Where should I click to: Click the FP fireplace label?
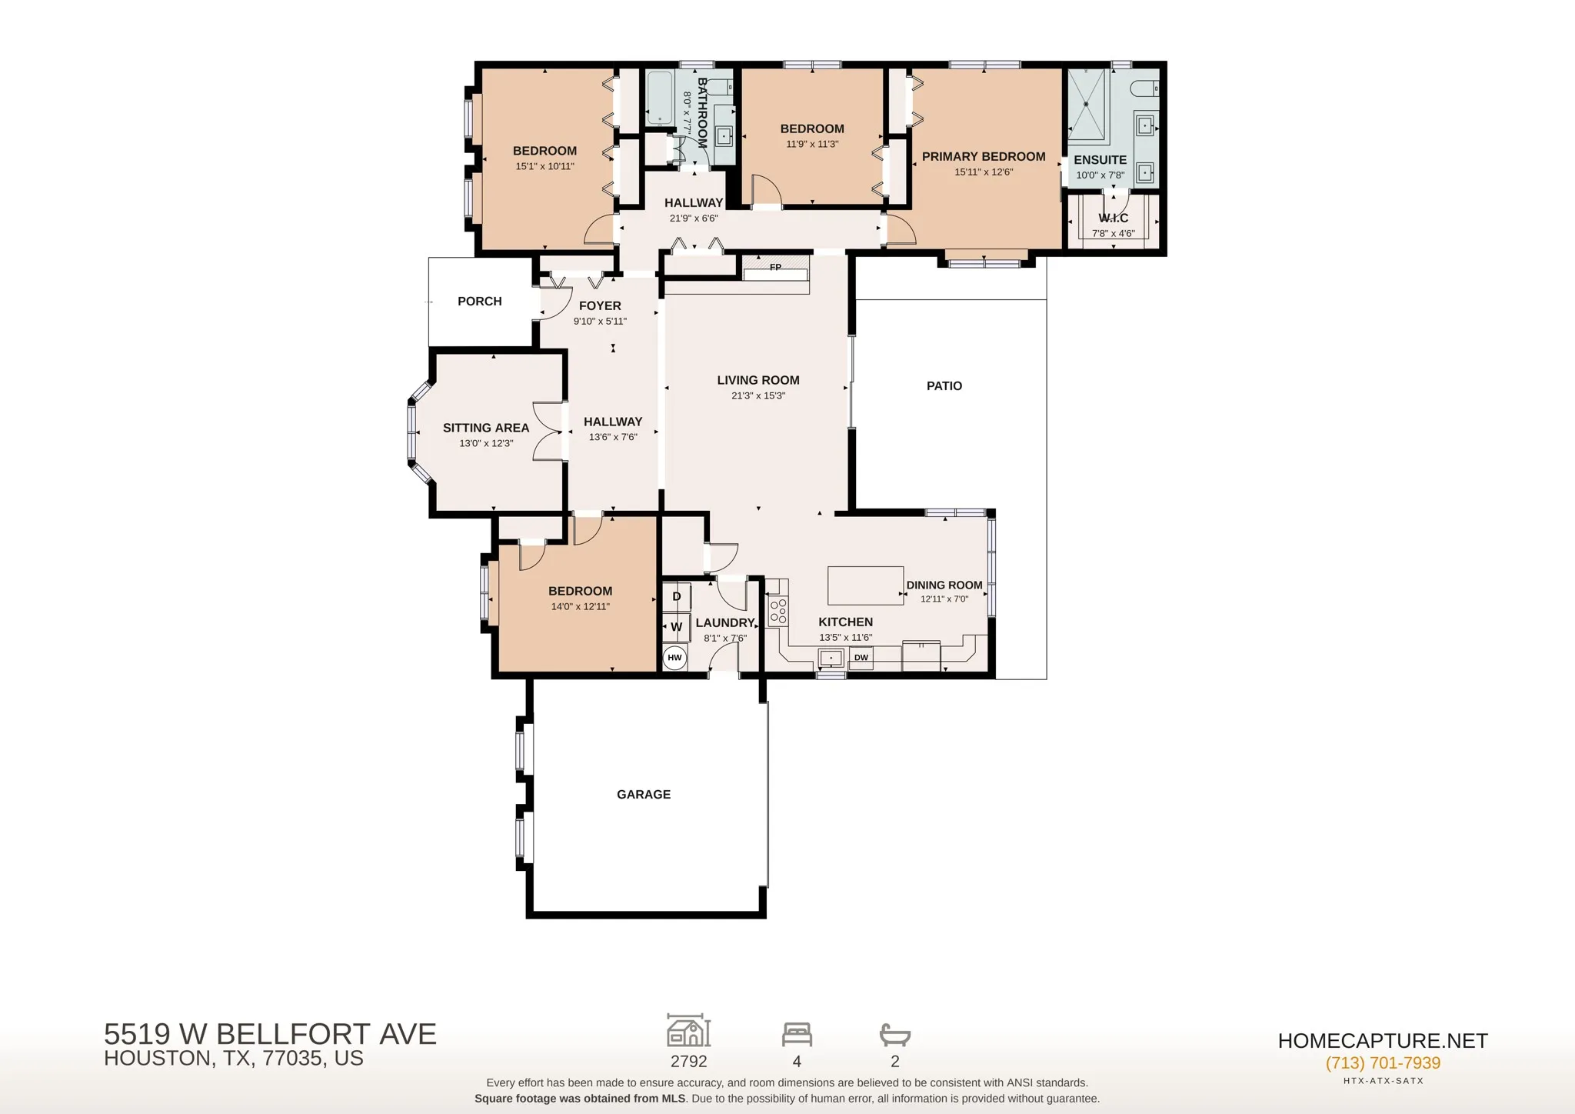point(775,267)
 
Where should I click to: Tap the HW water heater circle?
point(674,658)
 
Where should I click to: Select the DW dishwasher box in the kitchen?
point(861,658)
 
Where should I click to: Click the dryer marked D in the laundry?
point(677,597)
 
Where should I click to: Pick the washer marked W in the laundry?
point(677,627)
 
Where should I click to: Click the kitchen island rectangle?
point(865,585)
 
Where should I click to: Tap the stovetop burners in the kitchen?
point(778,611)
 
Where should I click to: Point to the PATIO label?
point(944,386)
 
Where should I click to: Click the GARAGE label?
point(644,795)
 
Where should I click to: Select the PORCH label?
point(480,302)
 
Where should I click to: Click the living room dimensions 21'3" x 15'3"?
point(758,396)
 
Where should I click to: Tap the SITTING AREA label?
point(486,428)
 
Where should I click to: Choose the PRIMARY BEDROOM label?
point(984,157)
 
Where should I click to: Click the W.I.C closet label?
point(1114,218)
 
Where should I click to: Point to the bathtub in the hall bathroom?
point(660,98)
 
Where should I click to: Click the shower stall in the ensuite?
point(1087,105)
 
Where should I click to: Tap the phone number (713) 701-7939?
point(1383,1063)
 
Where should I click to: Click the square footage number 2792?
point(688,1062)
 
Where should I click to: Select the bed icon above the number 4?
point(797,1035)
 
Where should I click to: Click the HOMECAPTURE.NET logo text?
point(1383,1041)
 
